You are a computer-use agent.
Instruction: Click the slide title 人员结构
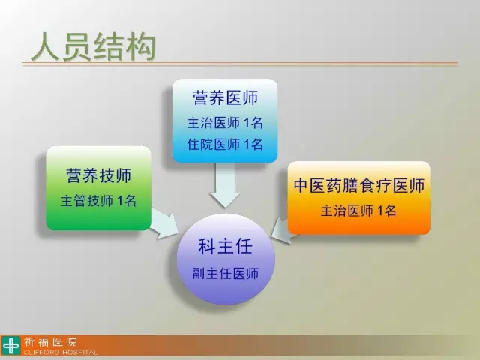pyautogui.click(x=94, y=47)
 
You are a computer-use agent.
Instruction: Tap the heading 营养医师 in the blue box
pyautogui.click(x=225, y=98)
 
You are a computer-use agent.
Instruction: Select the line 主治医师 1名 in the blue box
pyautogui.click(x=225, y=123)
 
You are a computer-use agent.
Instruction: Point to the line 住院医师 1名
pyautogui.click(x=225, y=145)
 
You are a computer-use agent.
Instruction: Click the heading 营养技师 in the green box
pyautogui.click(x=98, y=175)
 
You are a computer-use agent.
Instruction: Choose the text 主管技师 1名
pyautogui.click(x=98, y=201)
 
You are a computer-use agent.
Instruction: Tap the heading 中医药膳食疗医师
pyautogui.click(x=359, y=185)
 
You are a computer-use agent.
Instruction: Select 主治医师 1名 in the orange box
pyautogui.click(x=358, y=211)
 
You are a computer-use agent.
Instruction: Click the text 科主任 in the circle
pyautogui.click(x=225, y=247)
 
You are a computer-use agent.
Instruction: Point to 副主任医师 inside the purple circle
pyautogui.click(x=226, y=273)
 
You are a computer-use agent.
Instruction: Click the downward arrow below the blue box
pyautogui.click(x=225, y=184)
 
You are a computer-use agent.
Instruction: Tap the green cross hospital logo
pyautogui.click(x=11, y=346)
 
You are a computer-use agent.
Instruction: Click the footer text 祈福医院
pyautogui.click(x=51, y=342)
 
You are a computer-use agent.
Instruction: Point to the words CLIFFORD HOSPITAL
pyautogui.click(x=61, y=352)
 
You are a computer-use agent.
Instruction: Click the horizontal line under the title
pyautogui.click(x=240, y=64)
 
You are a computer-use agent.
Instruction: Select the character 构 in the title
pyautogui.click(x=142, y=47)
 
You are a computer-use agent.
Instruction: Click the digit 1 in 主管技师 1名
pyautogui.click(x=121, y=201)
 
